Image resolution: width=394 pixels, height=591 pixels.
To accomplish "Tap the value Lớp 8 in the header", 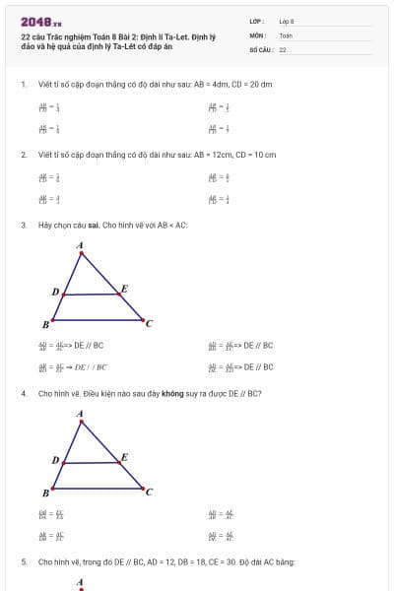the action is pyautogui.click(x=287, y=21).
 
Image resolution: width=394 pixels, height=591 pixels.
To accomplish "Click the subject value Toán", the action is pyautogui.click(x=286, y=34).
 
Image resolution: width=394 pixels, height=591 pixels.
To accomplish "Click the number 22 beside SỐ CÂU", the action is pyautogui.click(x=283, y=48).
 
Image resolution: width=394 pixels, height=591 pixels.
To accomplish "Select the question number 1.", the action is pyautogui.click(x=23, y=84).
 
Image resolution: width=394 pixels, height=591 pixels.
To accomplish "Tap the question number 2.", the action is pyautogui.click(x=23, y=155).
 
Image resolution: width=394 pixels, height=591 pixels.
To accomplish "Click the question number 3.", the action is pyautogui.click(x=23, y=226).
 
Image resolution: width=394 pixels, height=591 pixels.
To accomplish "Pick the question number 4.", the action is pyautogui.click(x=23, y=393).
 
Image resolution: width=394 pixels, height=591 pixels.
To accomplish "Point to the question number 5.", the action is pyautogui.click(x=23, y=561).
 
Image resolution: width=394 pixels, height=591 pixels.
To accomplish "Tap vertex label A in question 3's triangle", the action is pyautogui.click(x=80, y=245).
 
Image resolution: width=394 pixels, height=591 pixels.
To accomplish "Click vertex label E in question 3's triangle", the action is pyautogui.click(x=124, y=290).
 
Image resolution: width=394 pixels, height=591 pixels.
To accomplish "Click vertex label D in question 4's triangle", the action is pyautogui.click(x=55, y=460).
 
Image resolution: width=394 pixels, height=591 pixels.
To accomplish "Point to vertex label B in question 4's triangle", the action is pyautogui.click(x=46, y=492).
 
